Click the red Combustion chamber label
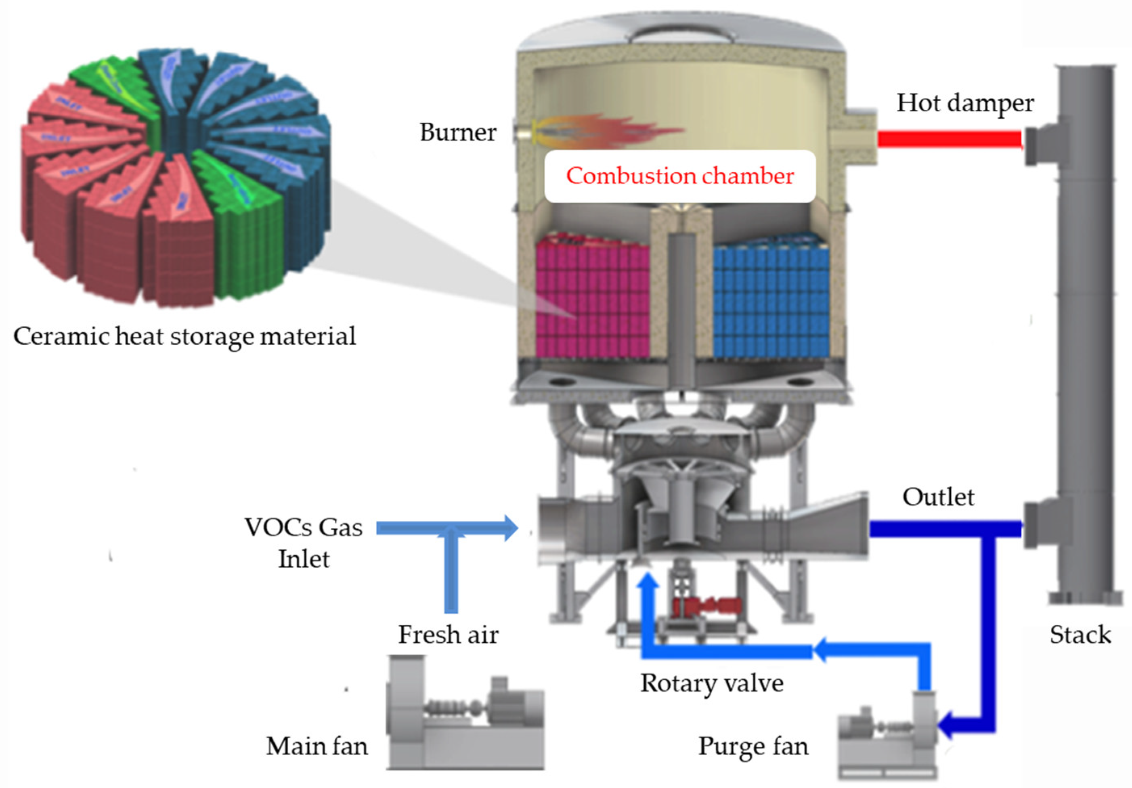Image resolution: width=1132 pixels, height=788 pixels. (679, 176)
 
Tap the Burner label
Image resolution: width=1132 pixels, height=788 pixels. (457, 132)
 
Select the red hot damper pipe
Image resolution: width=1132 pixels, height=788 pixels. (949, 138)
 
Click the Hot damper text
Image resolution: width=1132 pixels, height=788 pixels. (964, 103)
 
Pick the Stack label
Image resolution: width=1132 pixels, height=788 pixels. (1080, 635)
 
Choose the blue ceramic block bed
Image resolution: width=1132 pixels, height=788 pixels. (771, 301)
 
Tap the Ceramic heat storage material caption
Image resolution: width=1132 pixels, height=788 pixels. (184, 336)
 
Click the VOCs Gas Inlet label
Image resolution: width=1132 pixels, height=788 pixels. (304, 543)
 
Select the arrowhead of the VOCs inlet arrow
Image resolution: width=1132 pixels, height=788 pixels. (511, 528)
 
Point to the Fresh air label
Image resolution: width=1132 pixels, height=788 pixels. (448, 635)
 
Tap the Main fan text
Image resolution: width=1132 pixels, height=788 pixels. (317, 746)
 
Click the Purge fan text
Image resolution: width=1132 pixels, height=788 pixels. (753, 746)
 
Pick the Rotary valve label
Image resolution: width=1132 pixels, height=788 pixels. (711, 683)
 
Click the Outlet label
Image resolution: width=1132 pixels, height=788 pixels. (938, 497)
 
